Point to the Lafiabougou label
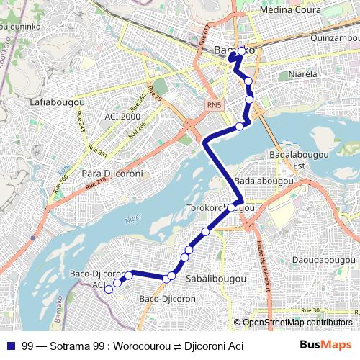point(58,102)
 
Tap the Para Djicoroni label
point(113,174)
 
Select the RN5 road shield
point(214,106)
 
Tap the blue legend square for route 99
point(10,346)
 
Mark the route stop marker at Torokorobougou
point(231,208)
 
